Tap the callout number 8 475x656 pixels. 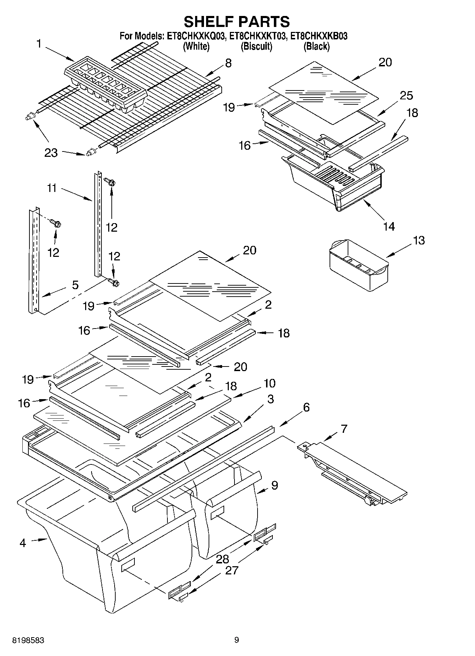coord(228,63)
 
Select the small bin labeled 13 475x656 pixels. coord(358,264)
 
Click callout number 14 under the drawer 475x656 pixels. coord(389,226)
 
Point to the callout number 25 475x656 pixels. coord(406,95)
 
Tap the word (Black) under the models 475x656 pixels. coord(316,46)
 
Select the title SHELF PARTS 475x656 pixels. coord(237,21)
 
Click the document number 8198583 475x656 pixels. coord(28,640)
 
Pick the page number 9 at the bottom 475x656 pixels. coord(237,640)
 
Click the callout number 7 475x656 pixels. coord(344,429)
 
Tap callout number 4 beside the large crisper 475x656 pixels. coord(23,542)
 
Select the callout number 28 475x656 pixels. coord(222,559)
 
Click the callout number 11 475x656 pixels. coord(52,188)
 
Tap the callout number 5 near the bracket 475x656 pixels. coord(75,285)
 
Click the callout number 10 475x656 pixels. coord(270,383)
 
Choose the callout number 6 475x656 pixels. coord(306,407)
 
